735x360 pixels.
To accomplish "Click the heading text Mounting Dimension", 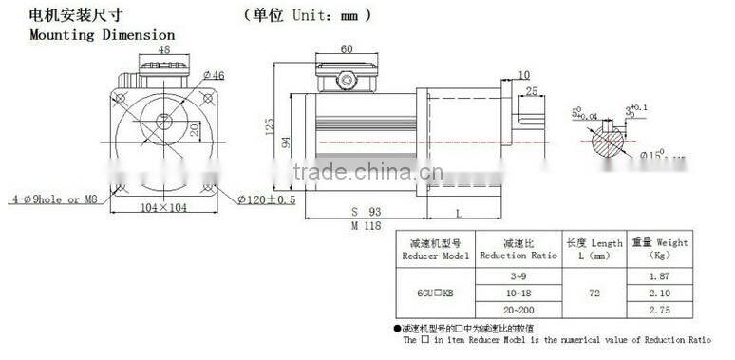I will [x=89, y=35].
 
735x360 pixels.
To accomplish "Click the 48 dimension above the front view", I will [x=163, y=49].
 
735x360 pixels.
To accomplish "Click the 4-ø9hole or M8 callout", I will [x=55, y=199].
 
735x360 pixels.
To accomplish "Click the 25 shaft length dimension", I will [x=530, y=91].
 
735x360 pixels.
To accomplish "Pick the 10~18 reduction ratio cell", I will [x=516, y=292].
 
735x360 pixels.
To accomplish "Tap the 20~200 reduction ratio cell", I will [x=516, y=311].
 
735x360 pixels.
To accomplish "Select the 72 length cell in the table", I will [x=594, y=293].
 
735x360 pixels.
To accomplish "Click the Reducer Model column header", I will [x=436, y=250].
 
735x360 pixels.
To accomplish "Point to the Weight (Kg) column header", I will [x=658, y=249].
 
